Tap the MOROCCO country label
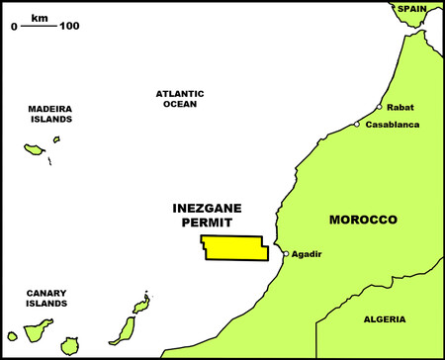(363, 219)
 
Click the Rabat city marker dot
(379, 108)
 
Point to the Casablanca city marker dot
(357, 125)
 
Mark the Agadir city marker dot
(286, 254)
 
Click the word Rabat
(400, 107)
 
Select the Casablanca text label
(393, 125)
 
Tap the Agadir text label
(308, 254)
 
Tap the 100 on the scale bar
(69, 26)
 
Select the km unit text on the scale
(39, 17)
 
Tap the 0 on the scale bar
(14, 26)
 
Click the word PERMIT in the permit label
(209, 225)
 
